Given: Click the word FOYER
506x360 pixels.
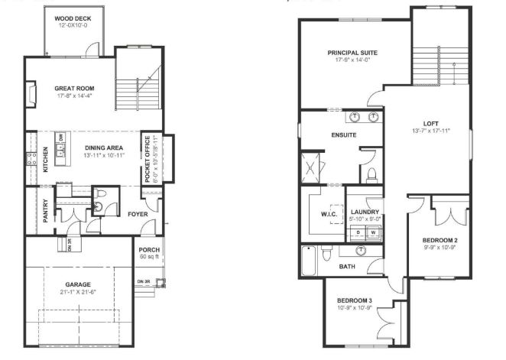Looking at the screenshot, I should pyautogui.click(x=138, y=214).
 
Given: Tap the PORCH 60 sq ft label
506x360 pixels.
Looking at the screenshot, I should pyautogui.click(x=148, y=253).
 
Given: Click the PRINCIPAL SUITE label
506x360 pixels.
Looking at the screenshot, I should pyautogui.click(x=352, y=53).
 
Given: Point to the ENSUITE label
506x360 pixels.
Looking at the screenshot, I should pyautogui.click(x=343, y=135).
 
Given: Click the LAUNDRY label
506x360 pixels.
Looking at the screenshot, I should pyautogui.click(x=364, y=212).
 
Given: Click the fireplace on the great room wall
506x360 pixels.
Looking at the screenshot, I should pyautogui.click(x=31, y=96).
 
